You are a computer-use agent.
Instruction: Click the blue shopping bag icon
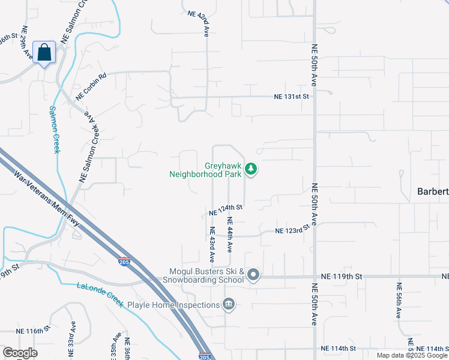tap(44, 52)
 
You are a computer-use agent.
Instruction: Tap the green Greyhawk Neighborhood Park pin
tap(252, 170)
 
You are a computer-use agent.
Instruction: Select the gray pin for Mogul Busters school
tap(253, 275)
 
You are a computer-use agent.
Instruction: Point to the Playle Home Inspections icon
tap(228, 305)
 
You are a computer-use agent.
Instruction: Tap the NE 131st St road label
tap(291, 96)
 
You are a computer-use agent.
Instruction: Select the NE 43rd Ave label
tap(212, 244)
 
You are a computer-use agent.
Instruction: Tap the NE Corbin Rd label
tap(91, 86)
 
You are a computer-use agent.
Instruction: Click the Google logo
tap(20, 353)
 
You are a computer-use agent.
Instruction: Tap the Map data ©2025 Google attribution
tap(412, 355)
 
